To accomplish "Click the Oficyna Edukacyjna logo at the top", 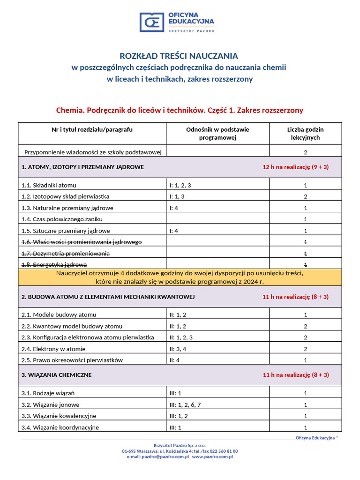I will (x=179, y=22).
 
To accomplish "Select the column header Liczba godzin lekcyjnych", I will (x=305, y=134).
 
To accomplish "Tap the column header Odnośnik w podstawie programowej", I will (x=217, y=134).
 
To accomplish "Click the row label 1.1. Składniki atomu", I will (x=49, y=185).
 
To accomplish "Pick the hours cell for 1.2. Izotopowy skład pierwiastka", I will (x=305, y=196).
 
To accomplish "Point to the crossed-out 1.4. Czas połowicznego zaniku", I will (x=62, y=219).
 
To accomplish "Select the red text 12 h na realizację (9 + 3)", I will (x=295, y=167).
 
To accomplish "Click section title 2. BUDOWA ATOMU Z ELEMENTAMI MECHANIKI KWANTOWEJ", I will (x=108, y=297).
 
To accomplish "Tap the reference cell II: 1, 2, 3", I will (x=181, y=337).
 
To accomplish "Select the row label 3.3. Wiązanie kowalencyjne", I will (x=59, y=416).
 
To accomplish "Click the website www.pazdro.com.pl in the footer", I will (x=212, y=456).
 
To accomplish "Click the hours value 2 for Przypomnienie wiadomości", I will (x=305, y=152).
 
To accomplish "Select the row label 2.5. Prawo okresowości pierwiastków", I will (x=72, y=360).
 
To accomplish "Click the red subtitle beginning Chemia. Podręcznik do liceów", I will (x=180, y=111).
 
